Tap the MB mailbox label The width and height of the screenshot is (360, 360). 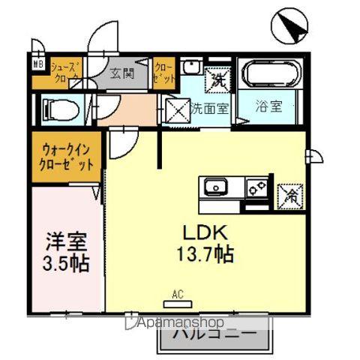37,64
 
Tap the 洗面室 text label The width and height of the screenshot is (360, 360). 211,109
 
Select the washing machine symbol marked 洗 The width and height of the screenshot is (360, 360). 219,76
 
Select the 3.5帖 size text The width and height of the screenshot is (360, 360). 65,263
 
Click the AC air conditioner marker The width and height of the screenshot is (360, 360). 178,300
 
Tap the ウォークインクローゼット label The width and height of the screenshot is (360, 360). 67,156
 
